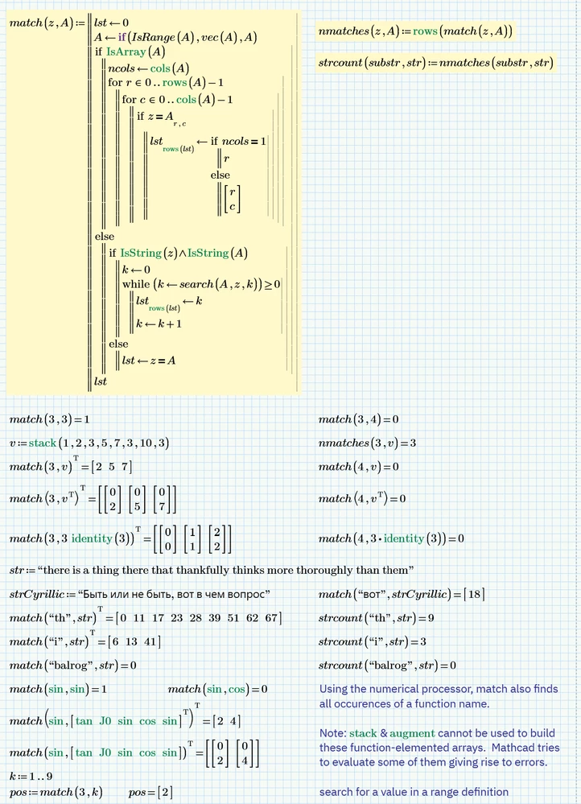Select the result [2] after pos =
pyautogui.click(x=164, y=793)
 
